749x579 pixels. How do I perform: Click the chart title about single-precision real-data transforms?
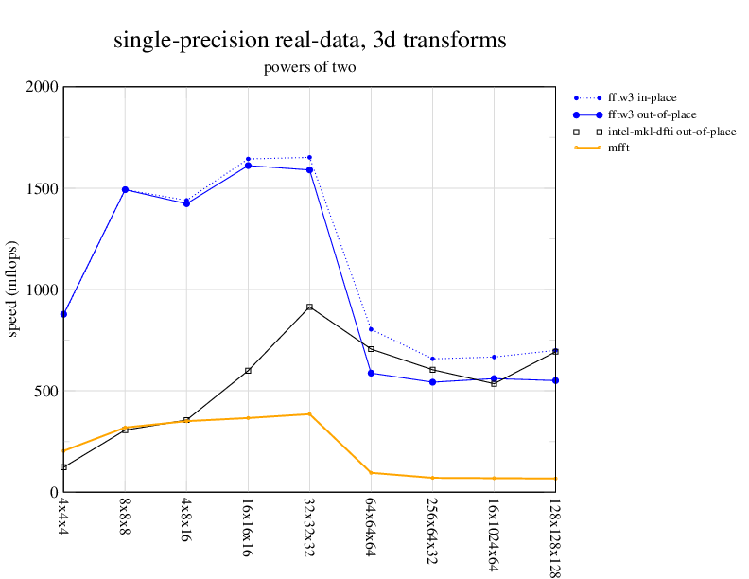tap(309, 41)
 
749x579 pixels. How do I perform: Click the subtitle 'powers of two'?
tap(309, 68)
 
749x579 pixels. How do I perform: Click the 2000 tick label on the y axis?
tap(42, 87)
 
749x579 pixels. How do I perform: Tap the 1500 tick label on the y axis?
tap(42, 188)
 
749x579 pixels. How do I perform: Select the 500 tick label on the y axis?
tap(45, 391)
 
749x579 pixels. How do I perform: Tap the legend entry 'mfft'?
tap(621, 148)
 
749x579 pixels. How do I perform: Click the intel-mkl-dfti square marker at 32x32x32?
tap(309, 307)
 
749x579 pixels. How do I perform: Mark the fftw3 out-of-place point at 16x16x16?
tap(248, 166)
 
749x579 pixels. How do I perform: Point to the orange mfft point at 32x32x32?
tap(309, 413)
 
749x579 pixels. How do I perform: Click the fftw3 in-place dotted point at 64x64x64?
tap(371, 329)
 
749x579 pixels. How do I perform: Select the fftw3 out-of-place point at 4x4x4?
tap(63, 314)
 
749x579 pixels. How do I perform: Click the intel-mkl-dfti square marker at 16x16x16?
tap(248, 371)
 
